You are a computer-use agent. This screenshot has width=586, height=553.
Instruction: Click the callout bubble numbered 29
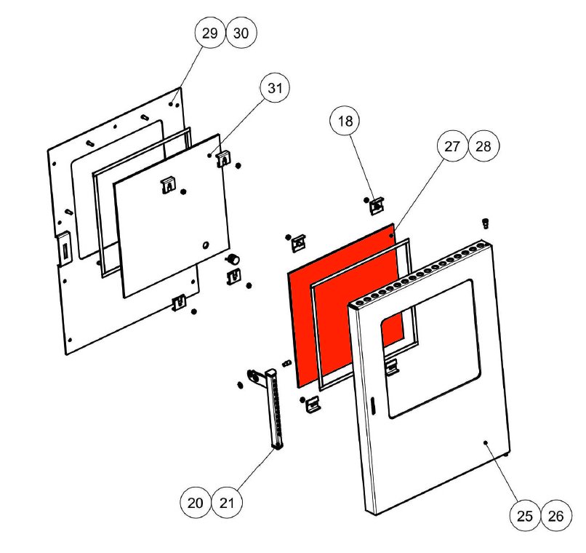(x=210, y=33)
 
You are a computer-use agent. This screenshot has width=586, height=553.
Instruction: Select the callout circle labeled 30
(x=241, y=33)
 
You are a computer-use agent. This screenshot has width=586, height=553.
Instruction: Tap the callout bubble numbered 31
(x=275, y=88)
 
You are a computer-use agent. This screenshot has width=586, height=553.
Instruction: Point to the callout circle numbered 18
(x=345, y=121)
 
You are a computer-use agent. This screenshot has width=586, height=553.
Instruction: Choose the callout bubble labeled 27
(x=452, y=146)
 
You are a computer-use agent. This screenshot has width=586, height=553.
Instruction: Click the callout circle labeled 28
(x=483, y=146)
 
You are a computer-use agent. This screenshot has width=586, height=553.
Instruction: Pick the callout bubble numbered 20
(x=195, y=503)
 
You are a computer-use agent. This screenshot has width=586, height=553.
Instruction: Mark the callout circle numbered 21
(x=227, y=503)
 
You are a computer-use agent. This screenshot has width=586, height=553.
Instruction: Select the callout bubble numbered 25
(x=525, y=516)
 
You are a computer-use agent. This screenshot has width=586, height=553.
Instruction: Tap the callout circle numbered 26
(x=556, y=516)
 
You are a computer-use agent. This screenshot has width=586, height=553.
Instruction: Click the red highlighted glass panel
(x=344, y=305)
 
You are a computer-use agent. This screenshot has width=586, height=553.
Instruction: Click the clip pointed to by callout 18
(x=377, y=206)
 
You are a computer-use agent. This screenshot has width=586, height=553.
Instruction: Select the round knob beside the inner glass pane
(x=233, y=258)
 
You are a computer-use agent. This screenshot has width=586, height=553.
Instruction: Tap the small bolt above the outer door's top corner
(x=485, y=223)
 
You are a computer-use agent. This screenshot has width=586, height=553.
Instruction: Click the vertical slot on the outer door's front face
(x=372, y=405)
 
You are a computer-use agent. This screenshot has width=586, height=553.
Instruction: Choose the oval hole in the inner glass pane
(x=205, y=245)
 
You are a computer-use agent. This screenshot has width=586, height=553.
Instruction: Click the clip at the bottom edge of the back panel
(x=179, y=303)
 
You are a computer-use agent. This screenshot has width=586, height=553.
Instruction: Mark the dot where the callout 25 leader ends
(x=486, y=442)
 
